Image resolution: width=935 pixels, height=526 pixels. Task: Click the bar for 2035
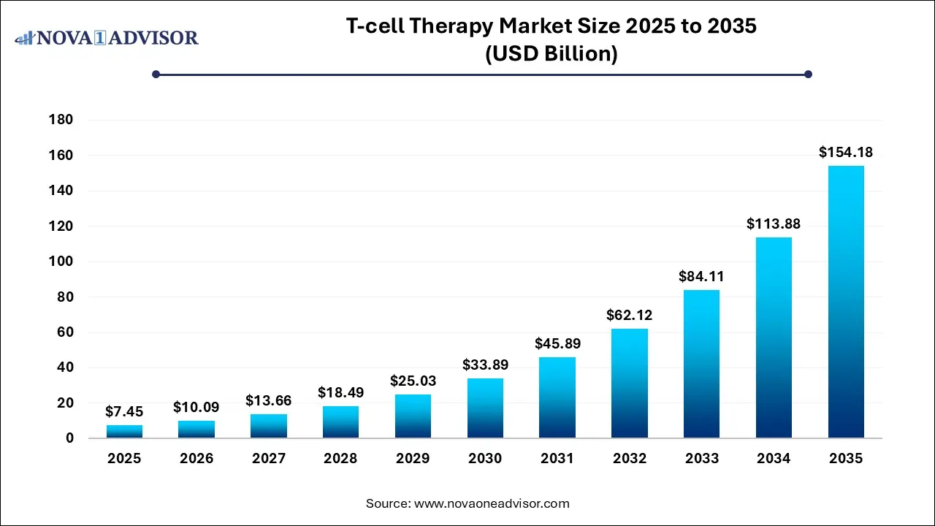coord(846,302)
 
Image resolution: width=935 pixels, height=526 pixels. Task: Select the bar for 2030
coord(485,408)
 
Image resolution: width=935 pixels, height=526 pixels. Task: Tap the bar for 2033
coord(701,364)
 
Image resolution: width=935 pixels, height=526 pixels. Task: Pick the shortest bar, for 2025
coord(124,431)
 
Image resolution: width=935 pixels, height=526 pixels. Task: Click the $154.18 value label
coord(846,153)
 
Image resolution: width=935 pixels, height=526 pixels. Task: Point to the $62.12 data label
coord(630,316)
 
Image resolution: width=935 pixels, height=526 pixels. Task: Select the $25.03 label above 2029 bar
coord(413,381)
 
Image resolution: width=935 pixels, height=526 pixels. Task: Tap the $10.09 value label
coord(196,407)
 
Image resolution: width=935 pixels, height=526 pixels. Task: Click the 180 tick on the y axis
coord(61,120)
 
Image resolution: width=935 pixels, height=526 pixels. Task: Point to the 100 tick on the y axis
coord(61,262)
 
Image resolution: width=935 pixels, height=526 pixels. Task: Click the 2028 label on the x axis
coord(340,459)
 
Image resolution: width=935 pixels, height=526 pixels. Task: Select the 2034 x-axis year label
coord(774,459)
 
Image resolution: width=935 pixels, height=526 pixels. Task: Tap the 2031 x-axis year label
coord(557,459)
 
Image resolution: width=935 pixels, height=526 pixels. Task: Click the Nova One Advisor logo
coord(107,37)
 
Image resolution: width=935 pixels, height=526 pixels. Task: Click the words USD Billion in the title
coord(552,55)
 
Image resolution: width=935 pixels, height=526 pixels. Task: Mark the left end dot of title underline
coord(156,74)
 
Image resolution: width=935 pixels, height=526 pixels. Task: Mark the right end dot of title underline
coord(808,74)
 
